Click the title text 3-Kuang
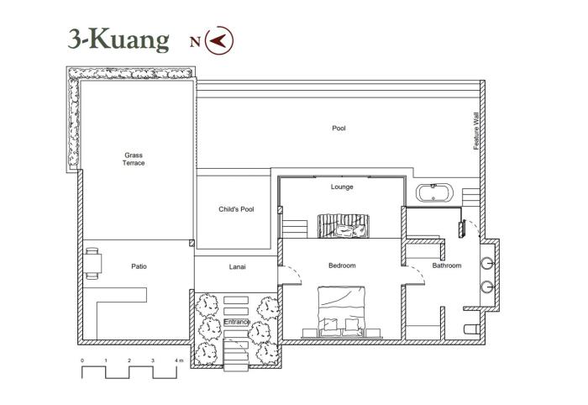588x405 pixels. click(x=118, y=39)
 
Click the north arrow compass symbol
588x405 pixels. click(x=219, y=40)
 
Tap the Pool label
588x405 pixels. click(x=339, y=129)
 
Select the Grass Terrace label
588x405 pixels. click(x=134, y=159)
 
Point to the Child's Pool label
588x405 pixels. click(x=236, y=209)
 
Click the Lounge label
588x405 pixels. click(x=342, y=187)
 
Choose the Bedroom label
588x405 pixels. click(x=342, y=266)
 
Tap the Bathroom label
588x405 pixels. click(x=447, y=266)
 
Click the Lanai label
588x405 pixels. click(x=238, y=267)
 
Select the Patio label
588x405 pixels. click(x=139, y=266)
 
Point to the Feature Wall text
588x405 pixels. click(x=476, y=131)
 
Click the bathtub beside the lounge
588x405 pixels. click(x=434, y=193)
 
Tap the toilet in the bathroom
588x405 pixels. click(x=471, y=329)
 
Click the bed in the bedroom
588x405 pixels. click(x=341, y=312)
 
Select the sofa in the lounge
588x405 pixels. click(x=344, y=226)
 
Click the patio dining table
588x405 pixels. click(x=92, y=263)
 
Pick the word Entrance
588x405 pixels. click(x=237, y=322)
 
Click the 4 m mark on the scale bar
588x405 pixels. click(x=177, y=360)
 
